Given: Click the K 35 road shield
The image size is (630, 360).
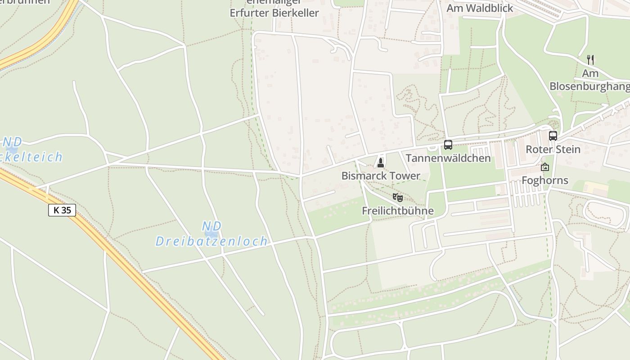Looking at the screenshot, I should (x=62, y=210).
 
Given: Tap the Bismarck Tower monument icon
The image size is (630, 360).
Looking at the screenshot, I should (x=381, y=162).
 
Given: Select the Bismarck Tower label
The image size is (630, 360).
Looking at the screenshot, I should (x=381, y=176).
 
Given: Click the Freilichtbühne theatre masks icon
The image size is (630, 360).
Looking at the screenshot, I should (x=398, y=197).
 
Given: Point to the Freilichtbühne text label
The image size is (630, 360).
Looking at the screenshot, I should (x=398, y=211).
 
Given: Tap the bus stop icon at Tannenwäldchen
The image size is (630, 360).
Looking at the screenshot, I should (x=448, y=145).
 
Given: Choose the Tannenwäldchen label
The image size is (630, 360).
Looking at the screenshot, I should (x=448, y=158).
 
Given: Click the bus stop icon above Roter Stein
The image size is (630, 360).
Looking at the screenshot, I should (x=553, y=135).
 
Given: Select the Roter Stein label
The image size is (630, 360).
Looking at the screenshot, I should (x=553, y=149).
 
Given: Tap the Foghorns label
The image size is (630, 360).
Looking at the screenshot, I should (x=545, y=181).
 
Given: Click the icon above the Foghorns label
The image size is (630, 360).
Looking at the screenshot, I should (x=545, y=167).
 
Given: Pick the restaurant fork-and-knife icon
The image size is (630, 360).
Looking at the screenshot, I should (x=590, y=59).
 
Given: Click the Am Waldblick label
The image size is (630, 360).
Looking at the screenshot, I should (x=480, y=8).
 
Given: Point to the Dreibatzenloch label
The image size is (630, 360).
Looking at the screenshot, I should (x=211, y=241).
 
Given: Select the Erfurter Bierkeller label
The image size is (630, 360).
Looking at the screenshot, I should (x=274, y=13).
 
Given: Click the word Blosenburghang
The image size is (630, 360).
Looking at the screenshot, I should (x=589, y=86).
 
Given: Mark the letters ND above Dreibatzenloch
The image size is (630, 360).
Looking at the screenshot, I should (x=211, y=226).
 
